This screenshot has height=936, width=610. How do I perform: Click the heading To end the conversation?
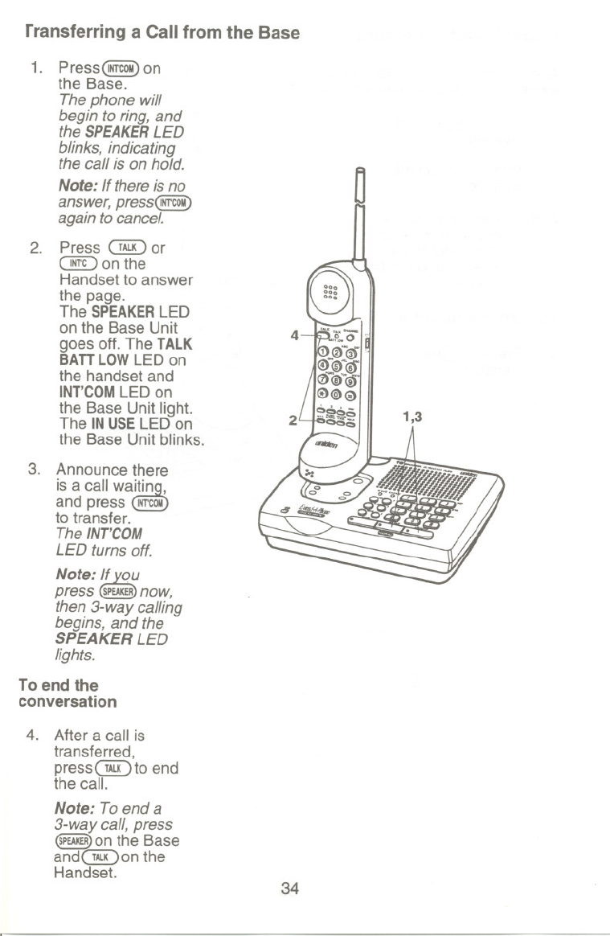coord(68,693)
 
